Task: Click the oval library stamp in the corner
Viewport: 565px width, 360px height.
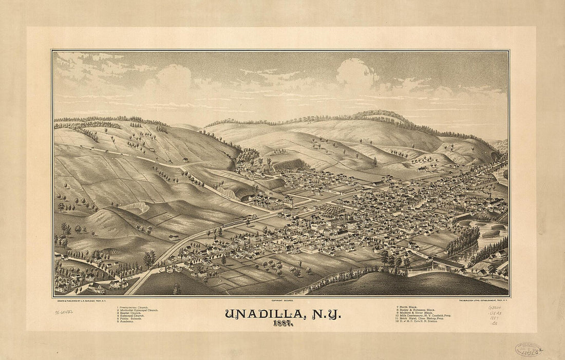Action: coord(528,350)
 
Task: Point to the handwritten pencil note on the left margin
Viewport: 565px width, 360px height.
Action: coord(64,312)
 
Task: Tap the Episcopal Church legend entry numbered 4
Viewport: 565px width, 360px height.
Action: coord(133,316)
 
